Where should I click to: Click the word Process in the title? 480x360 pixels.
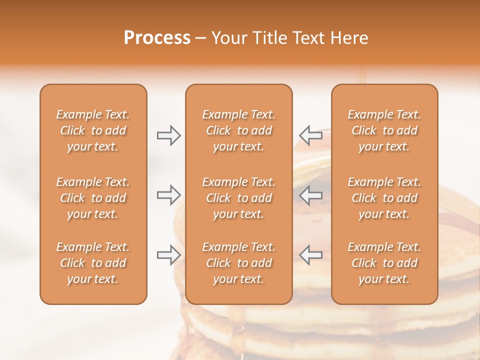pyautogui.click(x=157, y=38)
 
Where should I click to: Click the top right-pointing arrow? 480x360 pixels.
pyautogui.click(x=168, y=135)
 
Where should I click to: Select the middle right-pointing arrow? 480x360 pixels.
pyautogui.click(x=168, y=195)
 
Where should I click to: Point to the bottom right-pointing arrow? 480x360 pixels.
pyautogui.click(x=168, y=254)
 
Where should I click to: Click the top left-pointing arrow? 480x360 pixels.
pyautogui.click(x=311, y=135)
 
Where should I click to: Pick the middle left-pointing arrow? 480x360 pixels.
pyautogui.click(x=311, y=195)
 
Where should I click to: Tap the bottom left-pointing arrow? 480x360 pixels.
pyautogui.click(x=311, y=254)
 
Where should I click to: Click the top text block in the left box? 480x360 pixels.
pyautogui.click(x=93, y=130)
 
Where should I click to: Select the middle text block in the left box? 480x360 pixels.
pyautogui.click(x=93, y=198)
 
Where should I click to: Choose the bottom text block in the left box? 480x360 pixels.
pyautogui.click(x=93, y=263)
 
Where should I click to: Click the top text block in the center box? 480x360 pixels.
pyautogui.click(x=239, y=130)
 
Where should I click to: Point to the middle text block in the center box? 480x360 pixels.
pyautogui.click(x=239, y=198)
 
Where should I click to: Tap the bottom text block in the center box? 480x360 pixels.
pyautogui.click(x=239, y=263)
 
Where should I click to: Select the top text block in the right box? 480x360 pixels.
pyautogui.click(x=384, y=130)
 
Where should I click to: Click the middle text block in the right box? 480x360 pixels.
pyautogui.click(x=384, y=198)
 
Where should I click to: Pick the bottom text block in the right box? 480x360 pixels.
pyautogui.click(x=384, y=263)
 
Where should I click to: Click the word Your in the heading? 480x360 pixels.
pyautogui.click(x=228, y=38)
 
